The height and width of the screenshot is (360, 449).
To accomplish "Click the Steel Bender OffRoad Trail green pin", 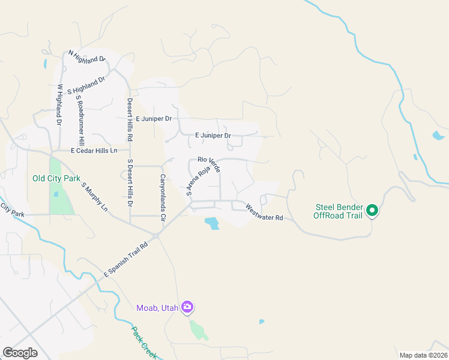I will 372,210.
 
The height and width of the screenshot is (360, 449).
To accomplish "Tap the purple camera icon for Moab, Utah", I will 187,307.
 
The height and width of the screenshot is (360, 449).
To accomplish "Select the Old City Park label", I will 56,178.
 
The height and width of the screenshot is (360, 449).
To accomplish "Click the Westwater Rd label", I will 264,212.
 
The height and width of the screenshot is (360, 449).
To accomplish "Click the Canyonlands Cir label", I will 162,199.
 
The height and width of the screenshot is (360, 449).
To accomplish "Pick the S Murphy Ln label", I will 94,197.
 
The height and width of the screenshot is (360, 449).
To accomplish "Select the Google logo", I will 20,352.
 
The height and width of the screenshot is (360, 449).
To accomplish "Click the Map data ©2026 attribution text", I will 423,355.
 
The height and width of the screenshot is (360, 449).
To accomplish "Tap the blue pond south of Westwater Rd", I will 212,224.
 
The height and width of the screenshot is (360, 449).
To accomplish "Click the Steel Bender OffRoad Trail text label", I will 339,211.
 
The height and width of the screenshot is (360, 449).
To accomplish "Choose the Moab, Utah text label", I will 157,308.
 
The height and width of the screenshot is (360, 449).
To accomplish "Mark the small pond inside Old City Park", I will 56,194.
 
